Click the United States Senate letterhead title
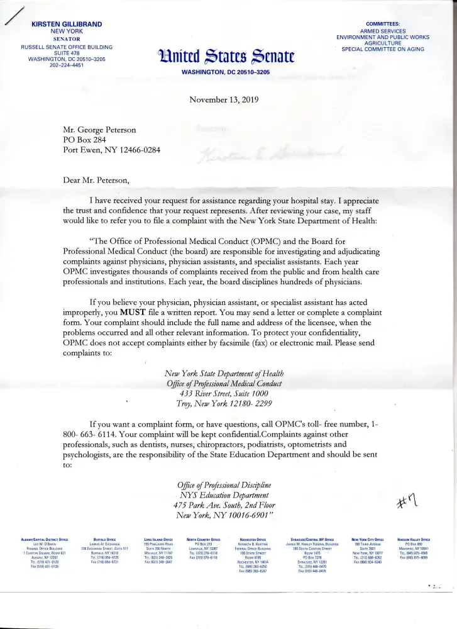[226, 59]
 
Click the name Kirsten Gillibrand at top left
[67, 24]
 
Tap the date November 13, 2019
[224, 99]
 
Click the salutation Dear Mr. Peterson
[96, 180]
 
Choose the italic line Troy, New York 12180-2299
[224, 404]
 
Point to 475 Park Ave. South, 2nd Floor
[224, 505]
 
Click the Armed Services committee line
[383, 31]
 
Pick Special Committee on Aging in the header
[383, 50]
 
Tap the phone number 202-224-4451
[67, 65]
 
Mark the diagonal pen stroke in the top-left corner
[14, 15]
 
